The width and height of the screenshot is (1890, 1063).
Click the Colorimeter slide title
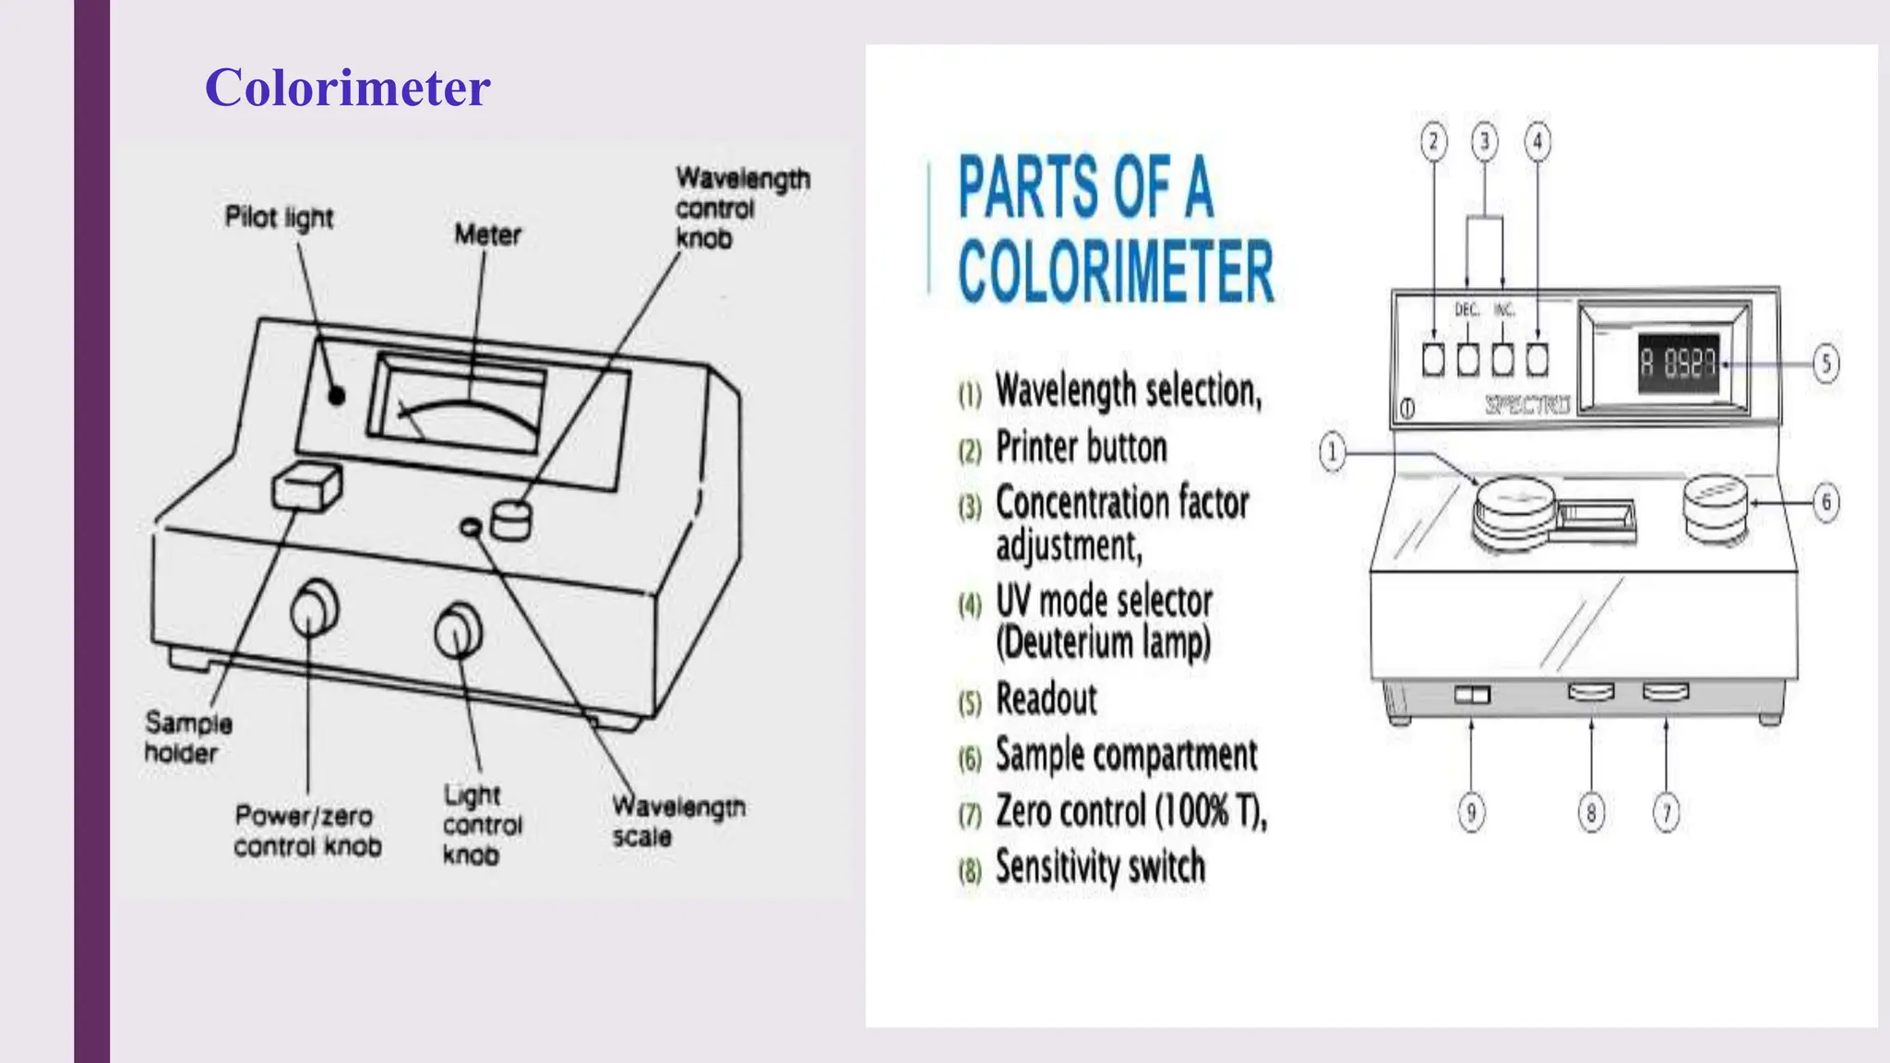click(x=347, y=88)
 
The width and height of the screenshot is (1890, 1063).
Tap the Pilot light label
click(x=279, y=218)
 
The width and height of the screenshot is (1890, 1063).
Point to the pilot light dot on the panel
click(x=337, y=396)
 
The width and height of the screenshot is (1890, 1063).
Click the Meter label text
click(x=487, y=235)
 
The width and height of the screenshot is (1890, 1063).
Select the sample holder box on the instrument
click(x=307, y=487)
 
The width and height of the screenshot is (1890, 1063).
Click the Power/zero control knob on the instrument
click(x=314, y=609)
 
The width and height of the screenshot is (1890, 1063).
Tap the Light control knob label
click(x=482, y=824)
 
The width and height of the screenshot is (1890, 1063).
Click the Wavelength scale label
click(x=678, y=820)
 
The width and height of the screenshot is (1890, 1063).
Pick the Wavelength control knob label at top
click(x=741, y=208)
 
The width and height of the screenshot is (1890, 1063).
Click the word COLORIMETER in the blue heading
click(x=1116, y=271)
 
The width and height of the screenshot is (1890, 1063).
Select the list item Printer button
click(x=1081, y=448)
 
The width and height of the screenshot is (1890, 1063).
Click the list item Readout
click(x=1047, y=699)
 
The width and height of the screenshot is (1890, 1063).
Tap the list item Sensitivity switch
click(x=1100, y=867)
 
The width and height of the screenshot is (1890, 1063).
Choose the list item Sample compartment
click(x=1126, y=756)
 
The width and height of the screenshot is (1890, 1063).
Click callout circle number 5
click(x=1825, y=363)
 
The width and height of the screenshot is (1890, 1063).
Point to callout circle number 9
click(x=1471, y=812)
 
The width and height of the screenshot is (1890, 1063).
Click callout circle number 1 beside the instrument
click(x=1332, y=452)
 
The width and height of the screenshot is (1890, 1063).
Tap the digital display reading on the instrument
click(x=1678, y=364)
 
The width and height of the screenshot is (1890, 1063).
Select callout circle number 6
click(x=1825, y=503)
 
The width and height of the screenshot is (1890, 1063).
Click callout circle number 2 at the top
click(x=1433, y=142)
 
